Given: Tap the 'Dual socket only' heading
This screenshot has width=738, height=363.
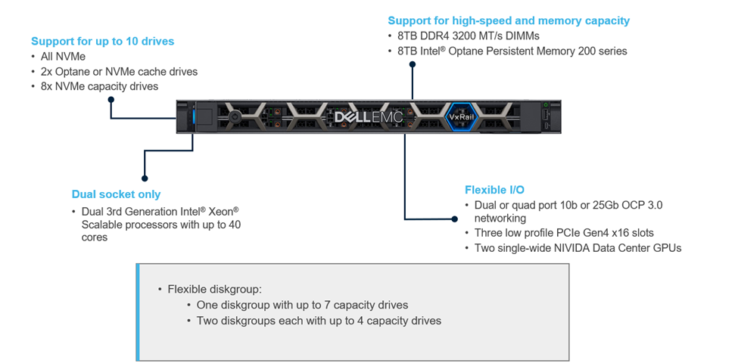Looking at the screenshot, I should pyautogui.click(x=116, y=194).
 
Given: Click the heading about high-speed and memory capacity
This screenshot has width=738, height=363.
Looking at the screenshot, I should pyautogui.click(x=509, y=20).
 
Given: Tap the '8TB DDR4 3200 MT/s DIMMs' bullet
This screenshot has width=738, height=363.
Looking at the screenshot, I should pyautogui.click(x=466, y=36).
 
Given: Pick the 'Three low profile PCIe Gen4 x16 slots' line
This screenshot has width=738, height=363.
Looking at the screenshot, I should pyautogui.click(x=564, y=233).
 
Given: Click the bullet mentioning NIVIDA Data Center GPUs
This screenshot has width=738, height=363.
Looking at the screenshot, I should pyautogui.click(x=578, y=247).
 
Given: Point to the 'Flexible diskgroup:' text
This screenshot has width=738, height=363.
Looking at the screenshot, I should pyautogui.click(x=215, y=289).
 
